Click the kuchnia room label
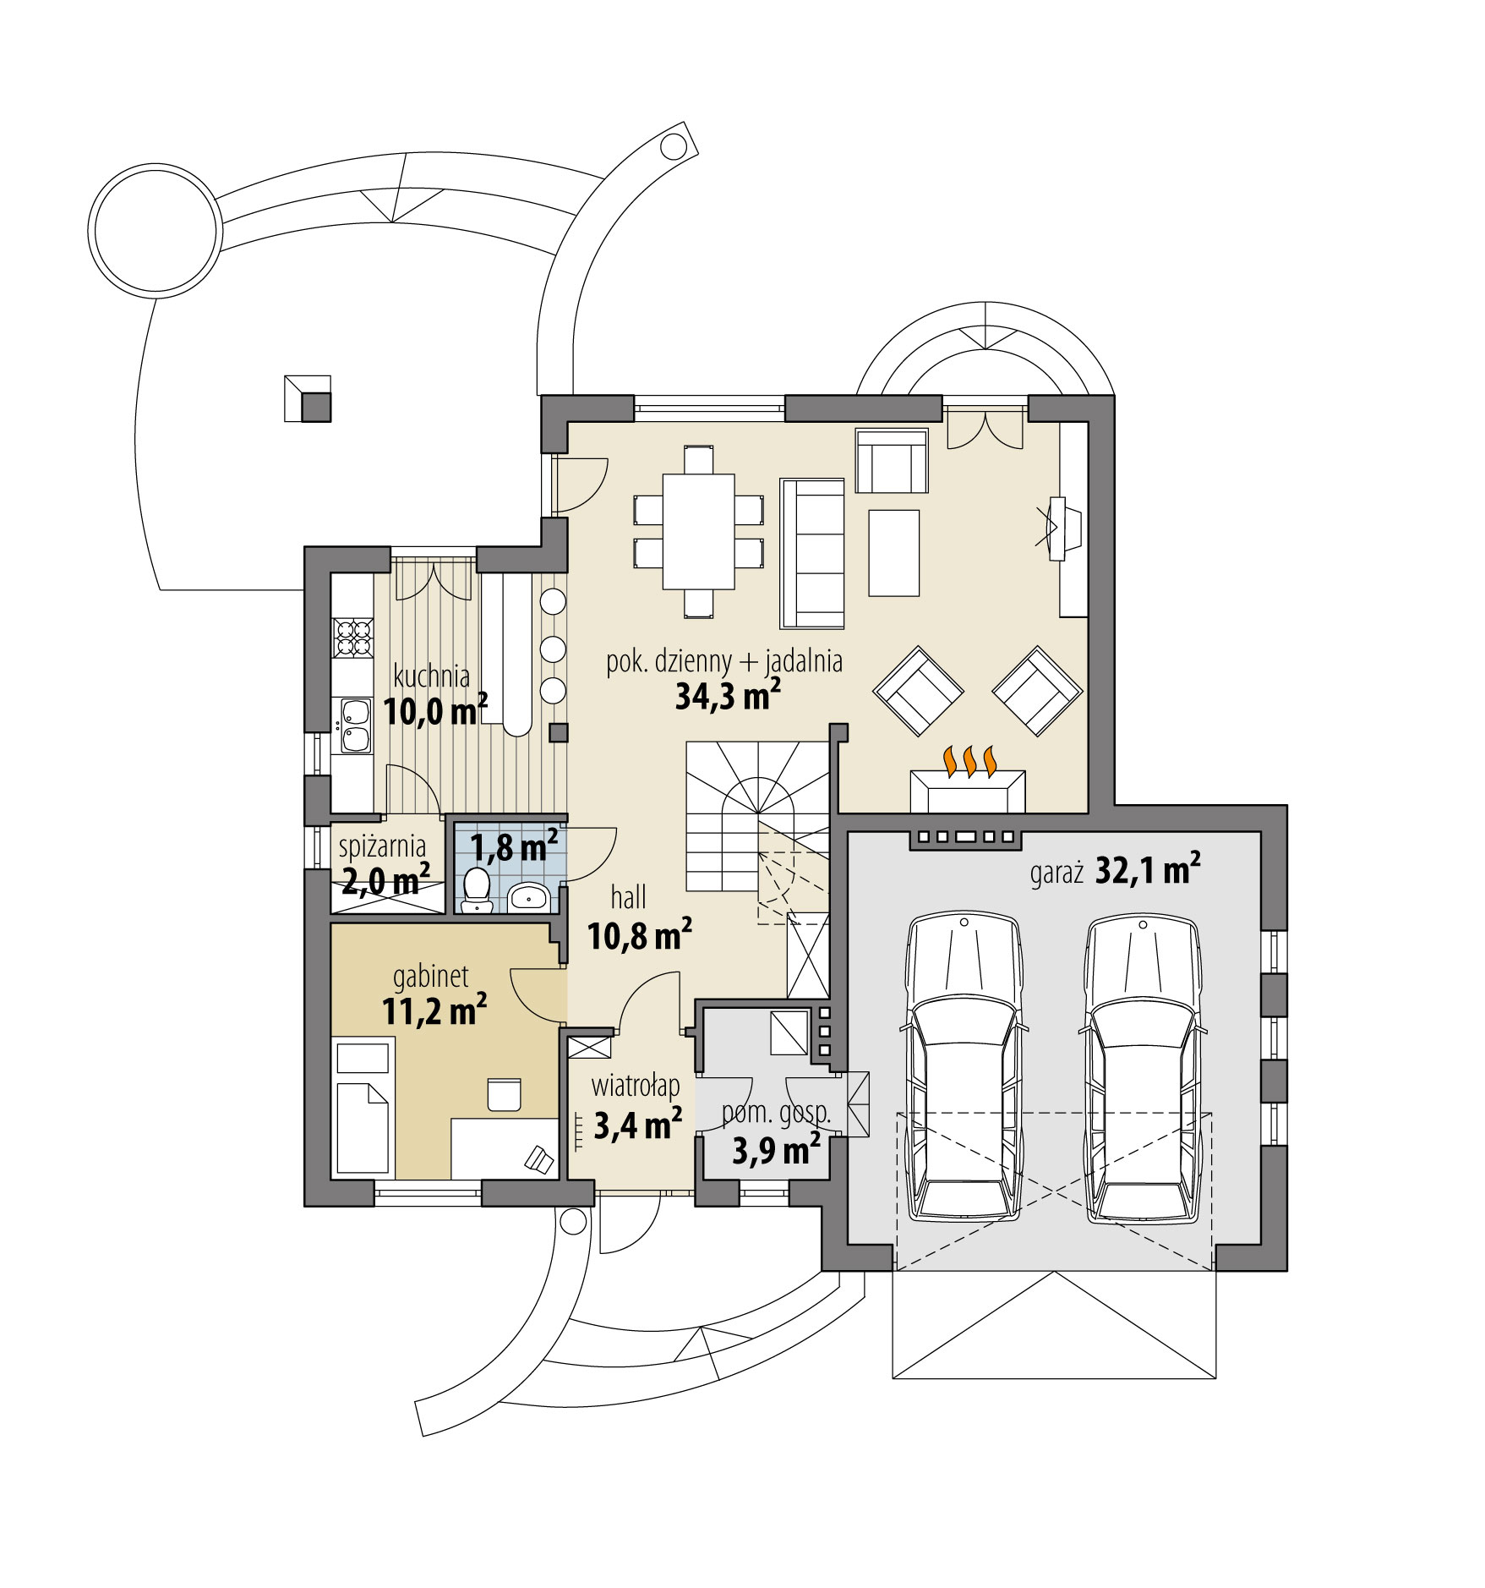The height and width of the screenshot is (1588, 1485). tap(431, 676)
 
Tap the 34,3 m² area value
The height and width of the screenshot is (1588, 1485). tap(727, 697)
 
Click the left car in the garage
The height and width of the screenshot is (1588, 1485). tap(964, 1070)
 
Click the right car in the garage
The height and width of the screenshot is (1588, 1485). tap(1142, 1070)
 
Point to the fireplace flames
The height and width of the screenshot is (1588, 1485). tap(968, 761)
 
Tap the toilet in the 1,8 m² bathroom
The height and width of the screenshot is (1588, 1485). tap(478, 889)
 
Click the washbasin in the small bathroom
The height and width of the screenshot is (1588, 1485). tap(529, 895)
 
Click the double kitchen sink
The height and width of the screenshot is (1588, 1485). tap(354, 726)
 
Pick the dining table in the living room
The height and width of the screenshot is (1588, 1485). tap(698, 531)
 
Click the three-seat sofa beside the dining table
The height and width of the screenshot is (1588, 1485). tap(812, 554)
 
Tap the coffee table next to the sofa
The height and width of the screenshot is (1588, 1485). tap(893, 552)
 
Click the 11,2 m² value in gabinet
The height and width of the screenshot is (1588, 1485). tap(434, 1011)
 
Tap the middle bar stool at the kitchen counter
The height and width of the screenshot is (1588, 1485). tap(553, 649)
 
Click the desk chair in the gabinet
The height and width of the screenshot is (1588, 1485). tap(504, 1093)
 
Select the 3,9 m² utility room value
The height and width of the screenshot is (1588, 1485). tap(775, 1151)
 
